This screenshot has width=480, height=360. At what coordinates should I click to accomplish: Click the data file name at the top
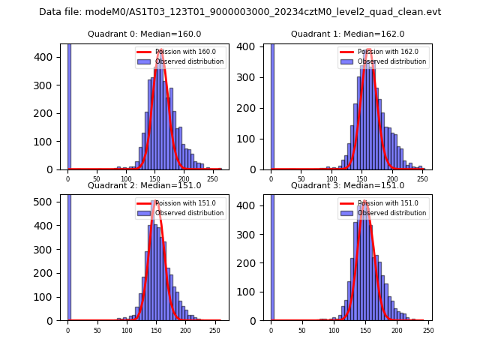point(240,12)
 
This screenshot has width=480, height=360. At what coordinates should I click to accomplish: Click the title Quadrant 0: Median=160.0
point(144,34)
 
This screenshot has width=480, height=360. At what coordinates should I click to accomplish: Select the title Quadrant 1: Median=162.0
point(347,34)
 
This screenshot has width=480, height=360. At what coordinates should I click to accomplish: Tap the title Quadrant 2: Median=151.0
point(144,185)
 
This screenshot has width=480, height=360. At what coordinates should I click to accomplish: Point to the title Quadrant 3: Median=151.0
point(347,185)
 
